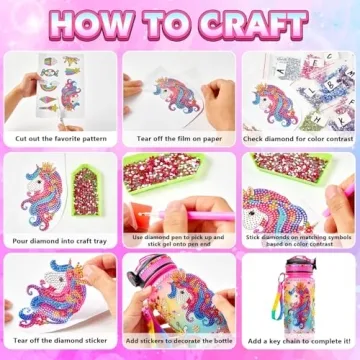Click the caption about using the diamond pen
[179, 241]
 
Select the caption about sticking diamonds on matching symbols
[299, 241]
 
